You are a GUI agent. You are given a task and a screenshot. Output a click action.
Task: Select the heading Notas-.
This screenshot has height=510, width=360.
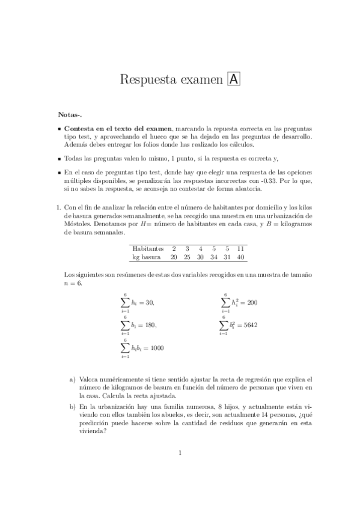point(70,114)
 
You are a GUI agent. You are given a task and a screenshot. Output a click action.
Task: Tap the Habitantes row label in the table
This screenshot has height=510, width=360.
point(148,248)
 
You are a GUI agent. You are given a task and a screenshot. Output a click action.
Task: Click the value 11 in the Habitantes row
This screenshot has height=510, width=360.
point(240,248)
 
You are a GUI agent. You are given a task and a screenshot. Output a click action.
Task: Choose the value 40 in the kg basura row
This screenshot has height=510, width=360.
point(240,257)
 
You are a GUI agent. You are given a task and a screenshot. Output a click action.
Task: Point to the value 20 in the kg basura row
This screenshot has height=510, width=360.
point(174,257)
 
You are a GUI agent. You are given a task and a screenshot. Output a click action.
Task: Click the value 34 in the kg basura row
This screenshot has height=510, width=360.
point(213,257)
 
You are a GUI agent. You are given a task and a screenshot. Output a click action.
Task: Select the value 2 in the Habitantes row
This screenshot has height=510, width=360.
point(174,248)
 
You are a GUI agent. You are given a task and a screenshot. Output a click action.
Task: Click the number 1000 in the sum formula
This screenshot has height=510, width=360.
point(156,348)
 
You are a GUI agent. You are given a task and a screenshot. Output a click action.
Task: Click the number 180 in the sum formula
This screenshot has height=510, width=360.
point(149,325)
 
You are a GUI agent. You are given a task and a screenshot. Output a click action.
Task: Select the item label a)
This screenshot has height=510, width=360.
point(73,379)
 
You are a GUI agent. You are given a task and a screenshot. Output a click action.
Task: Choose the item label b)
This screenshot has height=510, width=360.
point(73,407)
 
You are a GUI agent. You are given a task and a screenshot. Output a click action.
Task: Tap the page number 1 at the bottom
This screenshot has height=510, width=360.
point(180,469)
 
